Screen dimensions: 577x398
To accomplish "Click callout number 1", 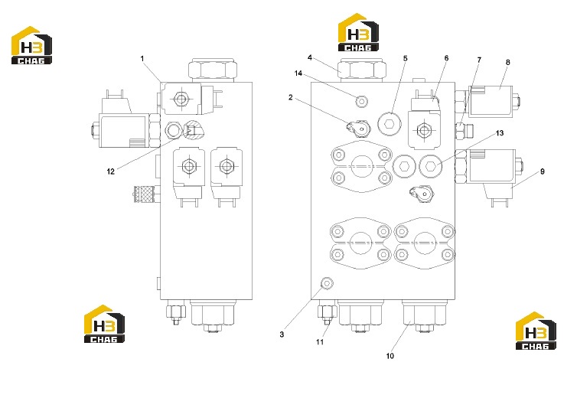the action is [142, 58].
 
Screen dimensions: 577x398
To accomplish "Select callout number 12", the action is [111, 171].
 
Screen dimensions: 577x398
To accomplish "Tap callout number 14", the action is [298, 73].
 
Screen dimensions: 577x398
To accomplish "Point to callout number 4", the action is [310, 58].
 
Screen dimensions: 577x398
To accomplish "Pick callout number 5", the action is [406, 58].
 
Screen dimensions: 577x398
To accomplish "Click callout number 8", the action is [508, 62].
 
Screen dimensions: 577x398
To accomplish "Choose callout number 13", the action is [500, 133].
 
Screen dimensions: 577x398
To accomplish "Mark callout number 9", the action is [542, 171].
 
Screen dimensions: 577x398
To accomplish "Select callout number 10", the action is [390, 356].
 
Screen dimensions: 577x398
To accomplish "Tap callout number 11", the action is [320, 342].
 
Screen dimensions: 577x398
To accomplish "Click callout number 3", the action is [282, 334].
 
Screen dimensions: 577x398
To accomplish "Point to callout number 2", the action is [291, 97].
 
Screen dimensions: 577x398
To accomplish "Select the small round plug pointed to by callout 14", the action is [362, 101].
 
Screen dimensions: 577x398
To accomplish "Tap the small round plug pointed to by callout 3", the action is [327, 283].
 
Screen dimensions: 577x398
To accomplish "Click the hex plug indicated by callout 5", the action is [390, 124].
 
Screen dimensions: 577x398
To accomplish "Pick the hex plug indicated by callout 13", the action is [431, 166].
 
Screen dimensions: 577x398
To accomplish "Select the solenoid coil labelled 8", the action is [491, 101].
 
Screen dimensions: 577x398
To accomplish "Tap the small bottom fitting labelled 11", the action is [327, 314].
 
